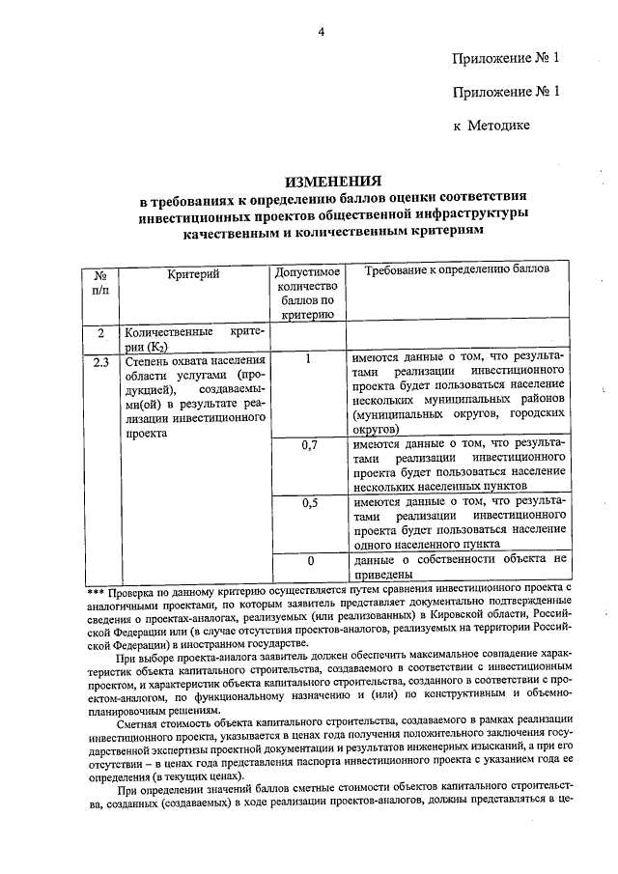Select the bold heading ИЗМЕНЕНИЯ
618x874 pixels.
333,181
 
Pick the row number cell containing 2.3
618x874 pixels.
100,362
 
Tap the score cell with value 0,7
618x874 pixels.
310,445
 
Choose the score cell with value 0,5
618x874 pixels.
310,503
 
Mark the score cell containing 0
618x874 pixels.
310,561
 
